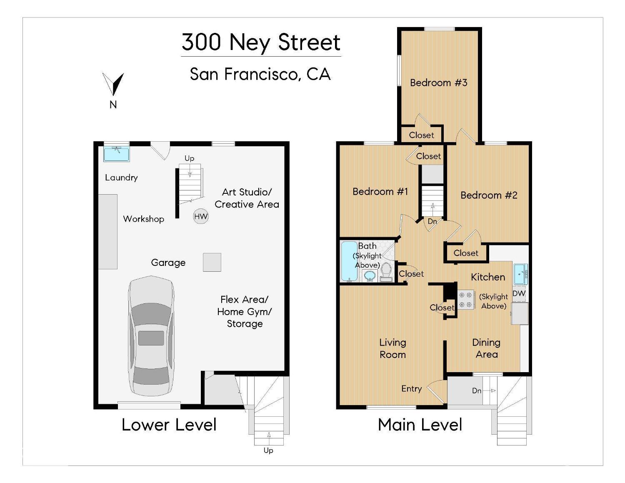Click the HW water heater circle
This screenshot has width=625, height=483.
pyautogui.click(x=200, y=216)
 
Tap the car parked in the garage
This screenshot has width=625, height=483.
pyautogui.click(x=151, y=335)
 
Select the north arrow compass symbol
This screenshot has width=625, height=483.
pyautogui.click(x=113, y=84)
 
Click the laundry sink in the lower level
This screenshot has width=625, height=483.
pyautogui.click(x=116, y=153)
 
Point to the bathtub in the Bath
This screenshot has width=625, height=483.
pyautogui.click(x=349, y=261)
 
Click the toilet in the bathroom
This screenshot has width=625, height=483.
pyautogui.click(x=386, y=272)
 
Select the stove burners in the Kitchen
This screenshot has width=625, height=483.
pyautogui.click(x=466, y=300)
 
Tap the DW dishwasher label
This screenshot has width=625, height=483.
pyautogui.click(x=519, y=293)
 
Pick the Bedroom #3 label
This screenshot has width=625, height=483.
pyautogui.click(x=438, y=83)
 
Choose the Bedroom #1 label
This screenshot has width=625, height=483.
pyautogui.click(x=380, y=191)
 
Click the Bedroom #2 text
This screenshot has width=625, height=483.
pyautogui.click(x=488, y=195)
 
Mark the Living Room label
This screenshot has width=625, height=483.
pyautogui.click(x=392, y=348)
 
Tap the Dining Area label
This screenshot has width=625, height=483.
pyautogui.click(x=486, y=348)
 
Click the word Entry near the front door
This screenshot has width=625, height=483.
pyautogui.click(x=411, y=388)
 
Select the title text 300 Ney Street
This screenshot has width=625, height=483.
pyautogui.click(x=261, y=42)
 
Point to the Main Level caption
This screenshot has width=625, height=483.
pyautogui.click(x=420, y=425)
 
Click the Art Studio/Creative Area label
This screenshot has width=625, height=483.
pyautogui.click(x=247, y=198)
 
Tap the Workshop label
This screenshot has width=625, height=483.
pyautogui.click(x=143, y=219)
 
